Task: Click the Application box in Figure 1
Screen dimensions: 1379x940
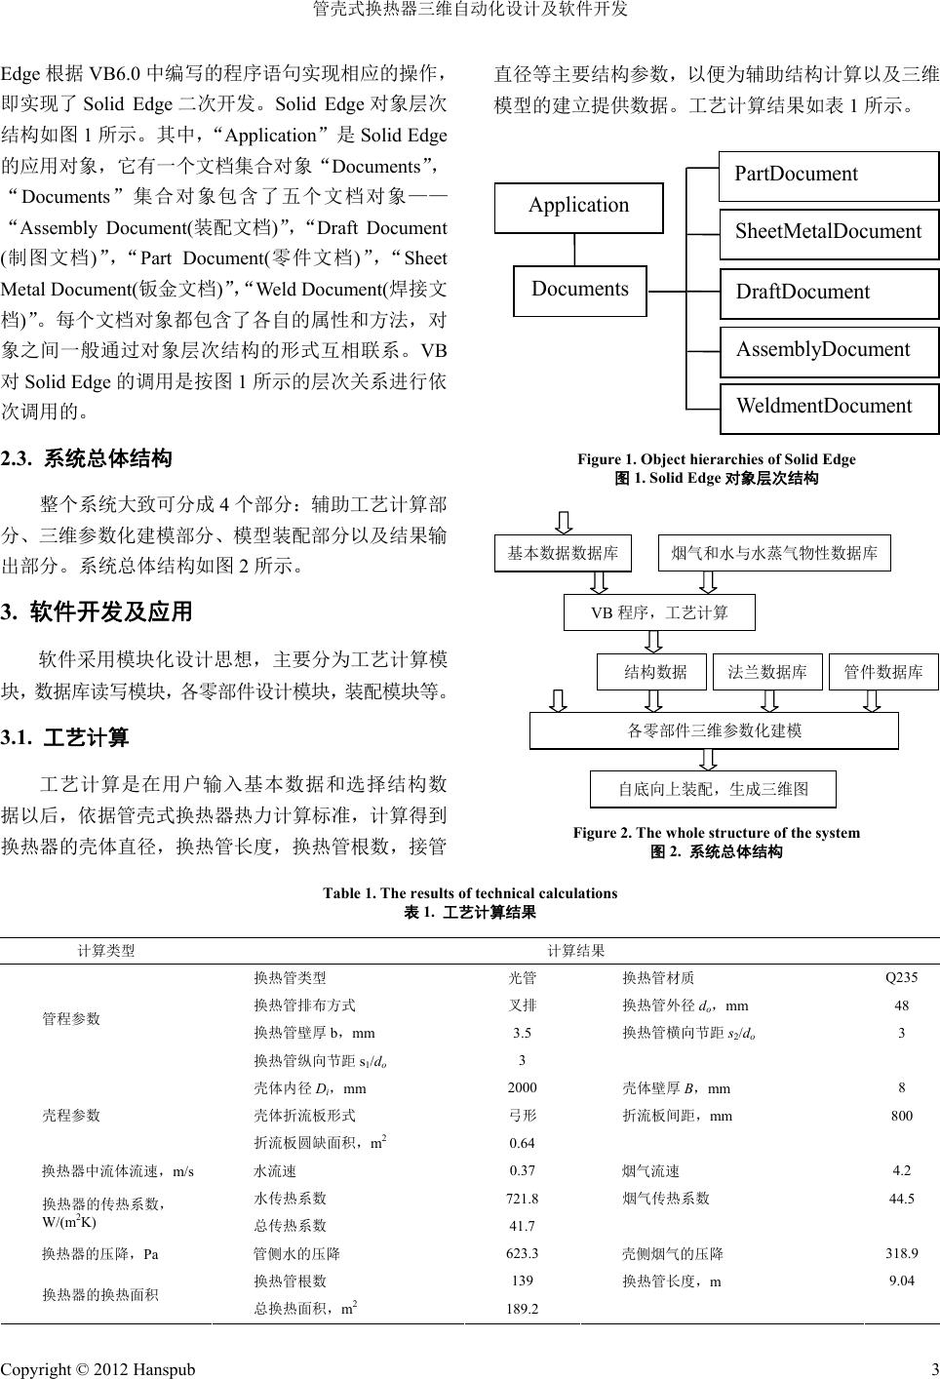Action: click(x=578, y=207)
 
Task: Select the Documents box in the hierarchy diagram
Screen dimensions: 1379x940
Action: click(x=579, y=290)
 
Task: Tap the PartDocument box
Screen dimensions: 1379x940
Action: click(x=828, y=176)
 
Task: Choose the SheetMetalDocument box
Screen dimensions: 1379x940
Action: click(x=828, y=233)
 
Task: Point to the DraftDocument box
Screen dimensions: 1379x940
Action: click(x=828, y=293)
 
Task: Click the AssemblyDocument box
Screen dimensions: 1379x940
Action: click(x=828, y=351)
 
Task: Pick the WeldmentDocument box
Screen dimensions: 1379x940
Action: click(x=828, y=408)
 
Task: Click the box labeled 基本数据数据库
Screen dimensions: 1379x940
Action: click(x=563, y=553)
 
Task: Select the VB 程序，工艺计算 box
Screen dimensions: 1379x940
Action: click(x=659, y=612)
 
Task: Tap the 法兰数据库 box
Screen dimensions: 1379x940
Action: click(x=767, y=672)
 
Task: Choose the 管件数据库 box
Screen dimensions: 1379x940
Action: click(x=882, y=672)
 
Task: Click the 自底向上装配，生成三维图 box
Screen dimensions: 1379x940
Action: click(x=713, y=789)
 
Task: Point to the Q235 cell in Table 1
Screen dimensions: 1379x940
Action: click(x=901, y=977)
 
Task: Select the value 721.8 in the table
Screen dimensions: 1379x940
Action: click(x=522, y=1199)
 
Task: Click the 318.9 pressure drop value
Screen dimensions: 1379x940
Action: click(x=901, y=1253)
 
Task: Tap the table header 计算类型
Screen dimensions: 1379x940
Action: click(x=106, y=951)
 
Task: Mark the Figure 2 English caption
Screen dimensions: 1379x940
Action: click(x=716, y=833)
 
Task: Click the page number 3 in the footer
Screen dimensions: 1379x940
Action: click(x=933, y=1369)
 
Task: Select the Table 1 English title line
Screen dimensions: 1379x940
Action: click(x=470, y=893)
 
